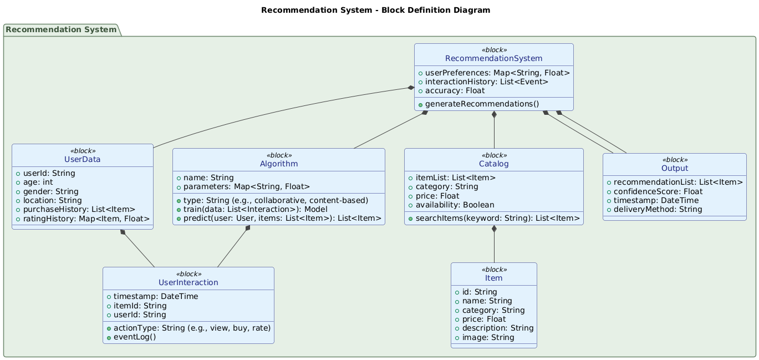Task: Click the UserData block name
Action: point(82,160)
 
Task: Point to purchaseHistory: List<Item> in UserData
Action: point(79,209)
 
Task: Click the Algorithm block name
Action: point(279,164)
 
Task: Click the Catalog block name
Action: point(493,164)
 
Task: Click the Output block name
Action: point(674,168)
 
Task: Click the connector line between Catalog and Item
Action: point(493,247)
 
